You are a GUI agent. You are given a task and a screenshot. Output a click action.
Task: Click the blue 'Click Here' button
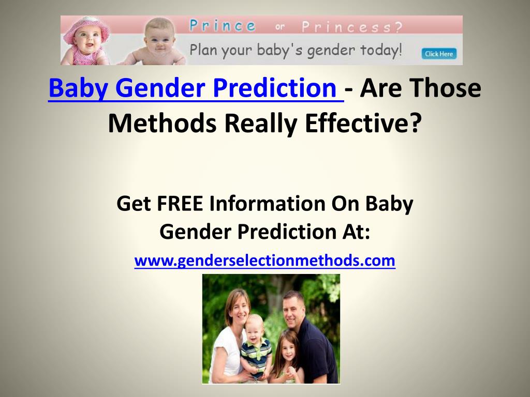pos(439,54)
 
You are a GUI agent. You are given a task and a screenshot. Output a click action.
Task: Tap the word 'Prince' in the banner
pos(223,26)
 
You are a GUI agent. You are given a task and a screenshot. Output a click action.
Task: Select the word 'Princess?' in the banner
pos(352,27)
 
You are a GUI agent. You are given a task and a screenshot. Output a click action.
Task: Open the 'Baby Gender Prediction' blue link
pos(196,88)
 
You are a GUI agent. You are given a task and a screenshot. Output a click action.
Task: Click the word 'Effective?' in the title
pos(363,123)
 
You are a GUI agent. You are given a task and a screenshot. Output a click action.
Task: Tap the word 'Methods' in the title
pos(162,123)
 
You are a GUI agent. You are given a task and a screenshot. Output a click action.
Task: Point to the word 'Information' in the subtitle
pos(267,204)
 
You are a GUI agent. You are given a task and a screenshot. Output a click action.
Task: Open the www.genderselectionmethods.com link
pos(264,261)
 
